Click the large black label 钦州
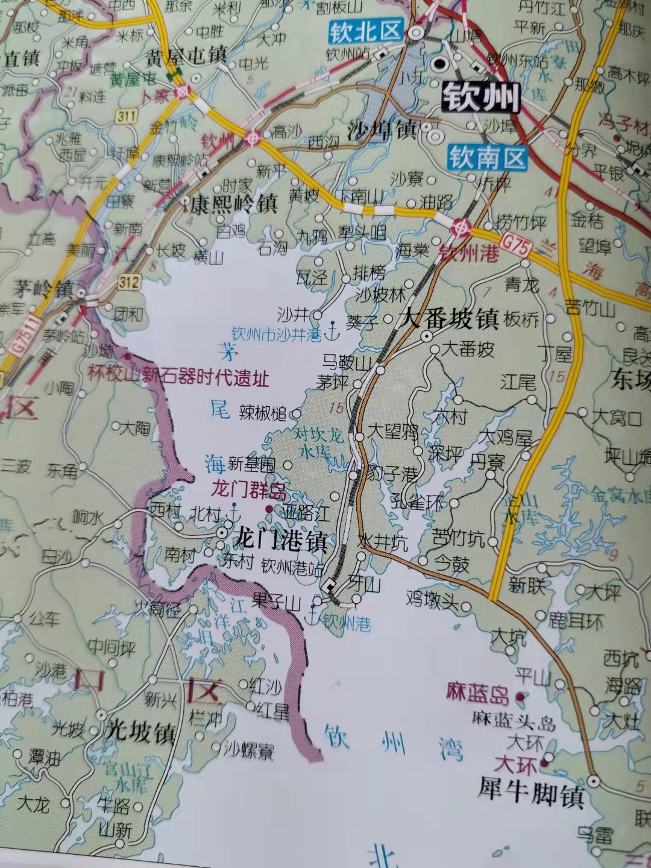pos(480,97)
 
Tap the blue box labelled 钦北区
pos(365,32)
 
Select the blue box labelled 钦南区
pos(487,159)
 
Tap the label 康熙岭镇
pos(233,204)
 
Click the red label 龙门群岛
pos(248,490)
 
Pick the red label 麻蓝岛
pos(478,694)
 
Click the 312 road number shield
pos(129,281)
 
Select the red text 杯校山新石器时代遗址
pos(178,377)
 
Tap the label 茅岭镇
pos(43,289)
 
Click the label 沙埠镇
pos(383,130)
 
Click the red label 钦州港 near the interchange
pos(469,254)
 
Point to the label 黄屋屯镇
pos(186,57)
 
